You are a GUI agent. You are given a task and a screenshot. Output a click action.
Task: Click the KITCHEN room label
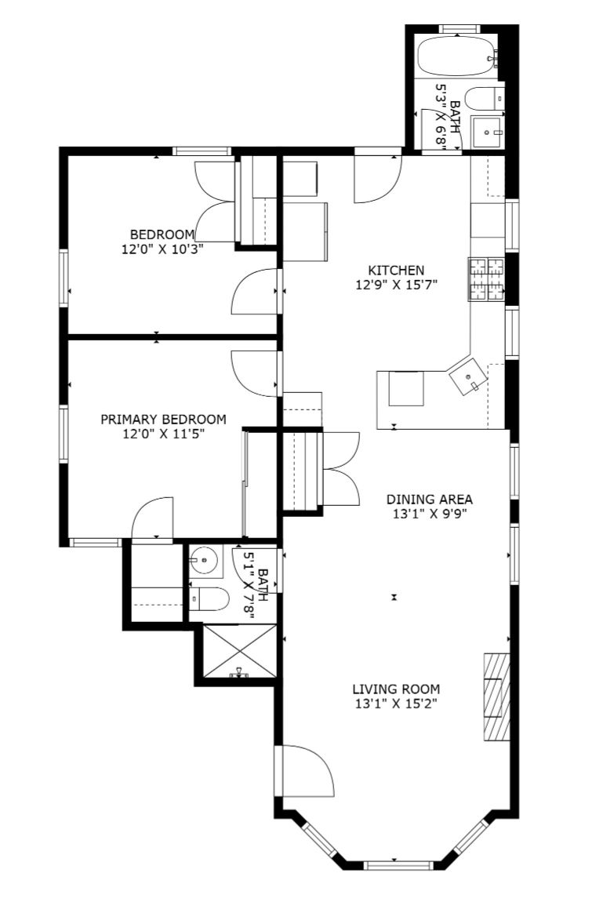(395, 271)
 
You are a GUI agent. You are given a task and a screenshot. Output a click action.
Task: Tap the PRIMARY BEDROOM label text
(163, 420)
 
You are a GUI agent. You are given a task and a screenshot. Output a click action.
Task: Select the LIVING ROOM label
(396, 689)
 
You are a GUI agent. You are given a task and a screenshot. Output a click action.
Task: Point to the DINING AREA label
(429, 500)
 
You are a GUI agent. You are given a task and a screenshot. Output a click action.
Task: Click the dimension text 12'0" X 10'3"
(162, 249)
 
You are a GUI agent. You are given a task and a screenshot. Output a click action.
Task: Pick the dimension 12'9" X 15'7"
(397, 285)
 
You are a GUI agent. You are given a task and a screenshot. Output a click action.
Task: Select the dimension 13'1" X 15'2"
(396, 704)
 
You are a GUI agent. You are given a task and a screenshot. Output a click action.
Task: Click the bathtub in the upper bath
(458, 56)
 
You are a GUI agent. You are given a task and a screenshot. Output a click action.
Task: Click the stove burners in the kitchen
(486, 279)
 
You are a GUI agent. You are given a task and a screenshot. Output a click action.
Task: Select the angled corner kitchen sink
(467, 375)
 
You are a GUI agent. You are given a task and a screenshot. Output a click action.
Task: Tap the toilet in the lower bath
(209, 599)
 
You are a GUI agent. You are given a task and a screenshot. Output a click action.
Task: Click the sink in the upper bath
(488, 132)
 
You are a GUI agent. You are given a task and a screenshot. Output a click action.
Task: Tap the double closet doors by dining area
(341, 468)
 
